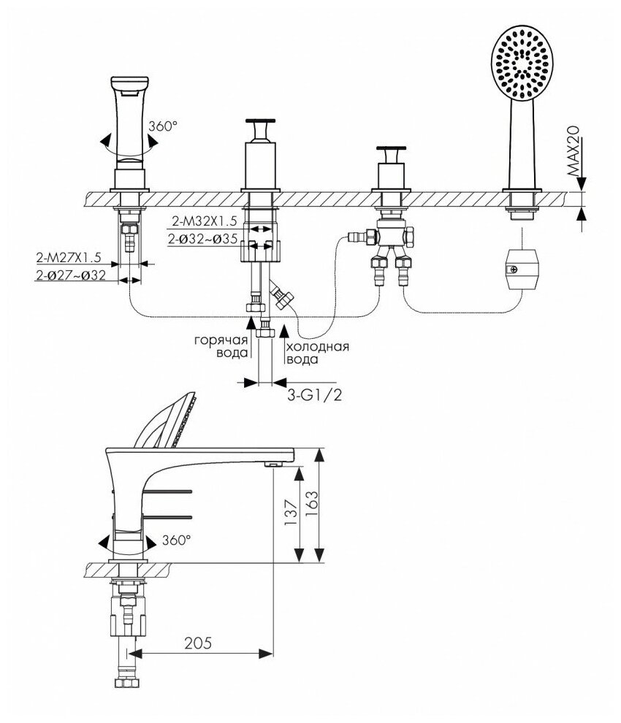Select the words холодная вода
(316, 353)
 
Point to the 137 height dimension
(290, 515)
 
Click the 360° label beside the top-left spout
(163, 126)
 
